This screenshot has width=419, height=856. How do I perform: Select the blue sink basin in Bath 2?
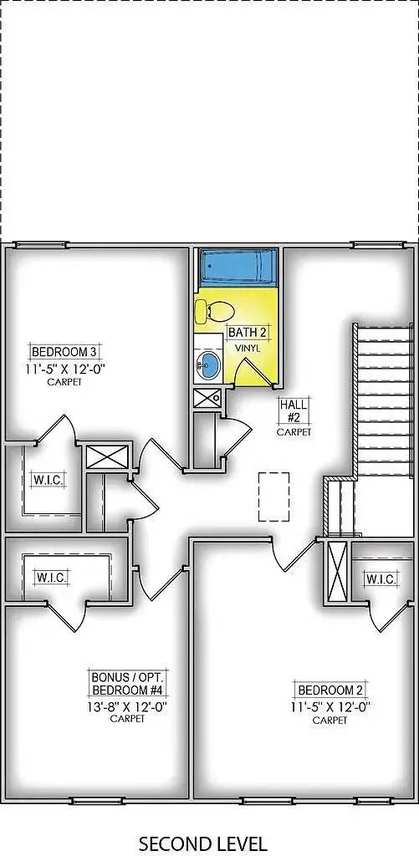tap(208, 364)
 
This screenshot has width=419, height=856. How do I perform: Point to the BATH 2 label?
tap(248, 332)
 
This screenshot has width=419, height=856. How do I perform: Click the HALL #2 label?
tap(294, 410)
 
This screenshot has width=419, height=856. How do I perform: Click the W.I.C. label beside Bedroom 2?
tap(381, 578)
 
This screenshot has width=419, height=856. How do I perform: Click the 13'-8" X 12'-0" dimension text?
tap(126, 706)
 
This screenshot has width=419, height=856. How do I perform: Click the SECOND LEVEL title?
tap(202, 843)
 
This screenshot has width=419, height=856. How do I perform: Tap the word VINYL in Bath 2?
tap(247, 348)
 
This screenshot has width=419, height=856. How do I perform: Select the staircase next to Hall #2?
tap(384, 401)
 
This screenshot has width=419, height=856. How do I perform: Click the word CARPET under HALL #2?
tap(294, 432)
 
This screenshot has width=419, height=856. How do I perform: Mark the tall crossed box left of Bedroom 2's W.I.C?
tap(337, 572)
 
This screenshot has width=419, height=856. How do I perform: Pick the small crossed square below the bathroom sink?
tap(207, 397)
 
